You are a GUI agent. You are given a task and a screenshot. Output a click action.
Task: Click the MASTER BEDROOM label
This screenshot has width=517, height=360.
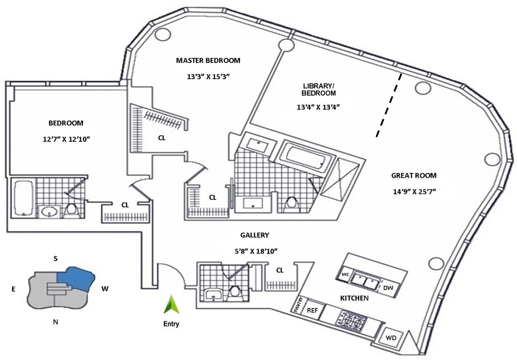coord(208,60)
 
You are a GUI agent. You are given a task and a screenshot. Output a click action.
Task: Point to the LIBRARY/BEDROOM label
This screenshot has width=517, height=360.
coord(318,89)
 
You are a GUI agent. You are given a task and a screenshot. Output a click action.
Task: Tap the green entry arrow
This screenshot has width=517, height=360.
coord(171,305)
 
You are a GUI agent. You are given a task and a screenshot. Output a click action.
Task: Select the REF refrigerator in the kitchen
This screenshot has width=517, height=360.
coord(312,311)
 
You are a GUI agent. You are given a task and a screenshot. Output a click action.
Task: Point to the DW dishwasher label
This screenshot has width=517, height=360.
coord(388,287)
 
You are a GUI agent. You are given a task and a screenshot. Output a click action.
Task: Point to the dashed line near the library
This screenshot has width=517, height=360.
coord(389,105)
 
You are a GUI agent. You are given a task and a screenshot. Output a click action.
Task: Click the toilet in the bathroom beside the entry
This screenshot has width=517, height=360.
coord(235,292)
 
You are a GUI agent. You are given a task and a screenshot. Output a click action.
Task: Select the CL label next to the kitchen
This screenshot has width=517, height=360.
coord(280,270)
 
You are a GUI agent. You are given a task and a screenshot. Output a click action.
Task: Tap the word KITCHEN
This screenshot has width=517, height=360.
coord(354,298)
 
